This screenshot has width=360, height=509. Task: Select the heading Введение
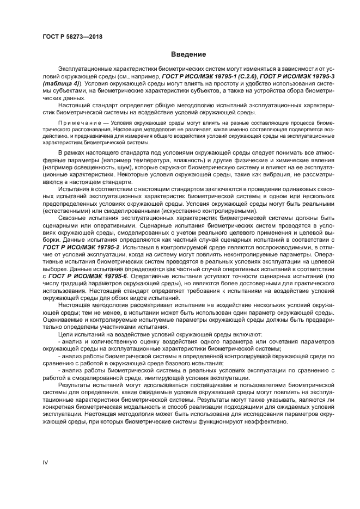pos(188,54)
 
